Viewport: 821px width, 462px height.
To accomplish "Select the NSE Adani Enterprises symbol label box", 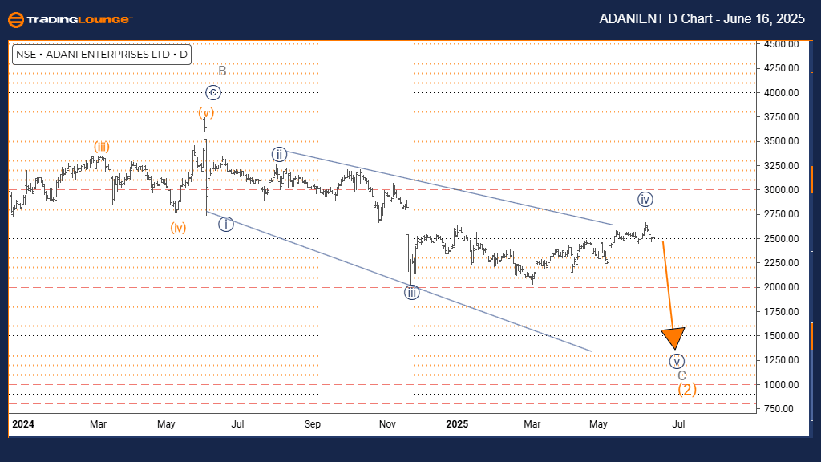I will pyautogui.click(x=101, y=55).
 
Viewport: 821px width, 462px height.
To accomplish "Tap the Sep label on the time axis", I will pyautogui.click(x=313, y=423).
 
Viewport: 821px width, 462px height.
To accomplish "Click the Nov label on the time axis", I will pyautogui.click(x=387, y=423).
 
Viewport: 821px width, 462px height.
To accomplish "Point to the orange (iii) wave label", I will pyautogui.click(x=101, y=146).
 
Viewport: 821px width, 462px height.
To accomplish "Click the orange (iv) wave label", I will pyautogui.click(x=178, y=228).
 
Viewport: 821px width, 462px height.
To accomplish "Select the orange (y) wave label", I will pyautogui.click(x=207, y=112).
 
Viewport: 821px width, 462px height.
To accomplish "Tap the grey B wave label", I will pyautogui.click(x=222, y=71).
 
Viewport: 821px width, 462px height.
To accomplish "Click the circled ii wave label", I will pyautogui.click(x=279, y=154).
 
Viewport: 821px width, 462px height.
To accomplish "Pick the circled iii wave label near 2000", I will pyautogui.click(x=411, y=293).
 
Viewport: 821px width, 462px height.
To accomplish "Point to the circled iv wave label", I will pyautogui.click(x=645, y=199).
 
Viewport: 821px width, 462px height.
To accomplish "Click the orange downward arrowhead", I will pyautogui.click(x=673, y=338).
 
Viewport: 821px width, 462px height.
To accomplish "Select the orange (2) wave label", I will pyautogui.click(x=687, y=390).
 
